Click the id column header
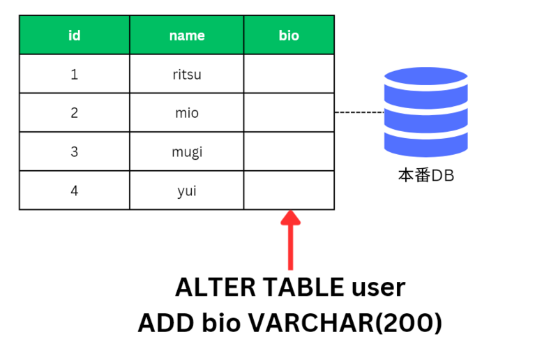[x=75, y=35]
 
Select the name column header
[x=187, y=35]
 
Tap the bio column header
[x=289, y=35]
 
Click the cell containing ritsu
[x=187, y=74]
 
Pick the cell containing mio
[x=187, y=112]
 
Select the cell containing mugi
[x=187, y=151]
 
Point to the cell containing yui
[x=187, y=190]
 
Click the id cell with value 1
[x=75, y=74]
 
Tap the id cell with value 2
[x=75, y=112]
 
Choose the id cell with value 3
[x=75, y=151]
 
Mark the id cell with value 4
[x=75, y=190]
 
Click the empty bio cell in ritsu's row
[x=289, y=74]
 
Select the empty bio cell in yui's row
[x=289, y=190]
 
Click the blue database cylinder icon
[x=426, y=112]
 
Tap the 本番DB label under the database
[x=426, y=176]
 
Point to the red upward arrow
[x=291, y=240]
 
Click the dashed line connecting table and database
[x=359, y=112]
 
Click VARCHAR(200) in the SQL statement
[x=345, y=323]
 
